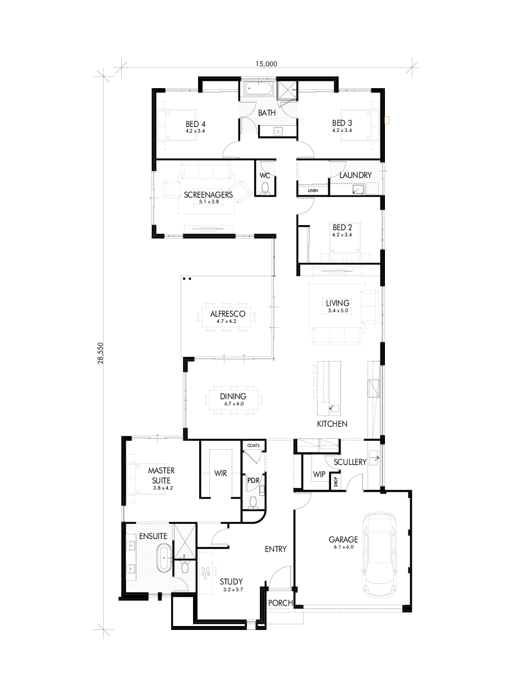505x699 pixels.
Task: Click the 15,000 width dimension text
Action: (267, 64)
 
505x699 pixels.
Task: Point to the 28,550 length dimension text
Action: (100, 354)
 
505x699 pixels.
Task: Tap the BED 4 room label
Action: (196, 124)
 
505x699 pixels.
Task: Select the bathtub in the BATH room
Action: (259, 89)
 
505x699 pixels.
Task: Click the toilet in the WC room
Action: (265, 189)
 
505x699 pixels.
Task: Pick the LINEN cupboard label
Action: (313, 190)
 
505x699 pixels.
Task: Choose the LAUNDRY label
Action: (355, 175)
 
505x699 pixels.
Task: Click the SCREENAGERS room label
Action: (208, 195)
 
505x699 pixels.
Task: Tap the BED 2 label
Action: (342, 227)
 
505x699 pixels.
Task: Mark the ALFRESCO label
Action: (228, 314)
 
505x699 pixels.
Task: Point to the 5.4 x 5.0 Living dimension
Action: (338, 310)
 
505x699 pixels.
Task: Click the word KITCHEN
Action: (332, 424)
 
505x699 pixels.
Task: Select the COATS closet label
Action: (253, 445)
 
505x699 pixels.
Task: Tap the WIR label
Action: (221, 473)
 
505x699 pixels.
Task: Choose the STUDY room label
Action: (231, 582)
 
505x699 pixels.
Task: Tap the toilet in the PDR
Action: (253, 502)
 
